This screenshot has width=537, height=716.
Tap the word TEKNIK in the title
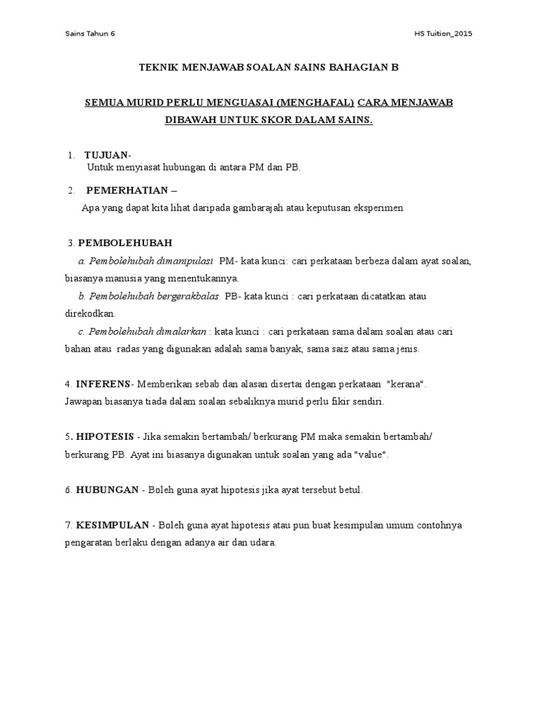[x=159, y=67]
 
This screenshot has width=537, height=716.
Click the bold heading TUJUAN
[x=107, y=155]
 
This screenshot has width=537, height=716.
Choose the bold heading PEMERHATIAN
[x=127, y=190]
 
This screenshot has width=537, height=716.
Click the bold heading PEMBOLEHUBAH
[x=125, y=243]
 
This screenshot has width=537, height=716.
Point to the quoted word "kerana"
[x=406, y=385]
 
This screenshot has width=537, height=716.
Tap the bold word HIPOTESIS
[x=106, y=437]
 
